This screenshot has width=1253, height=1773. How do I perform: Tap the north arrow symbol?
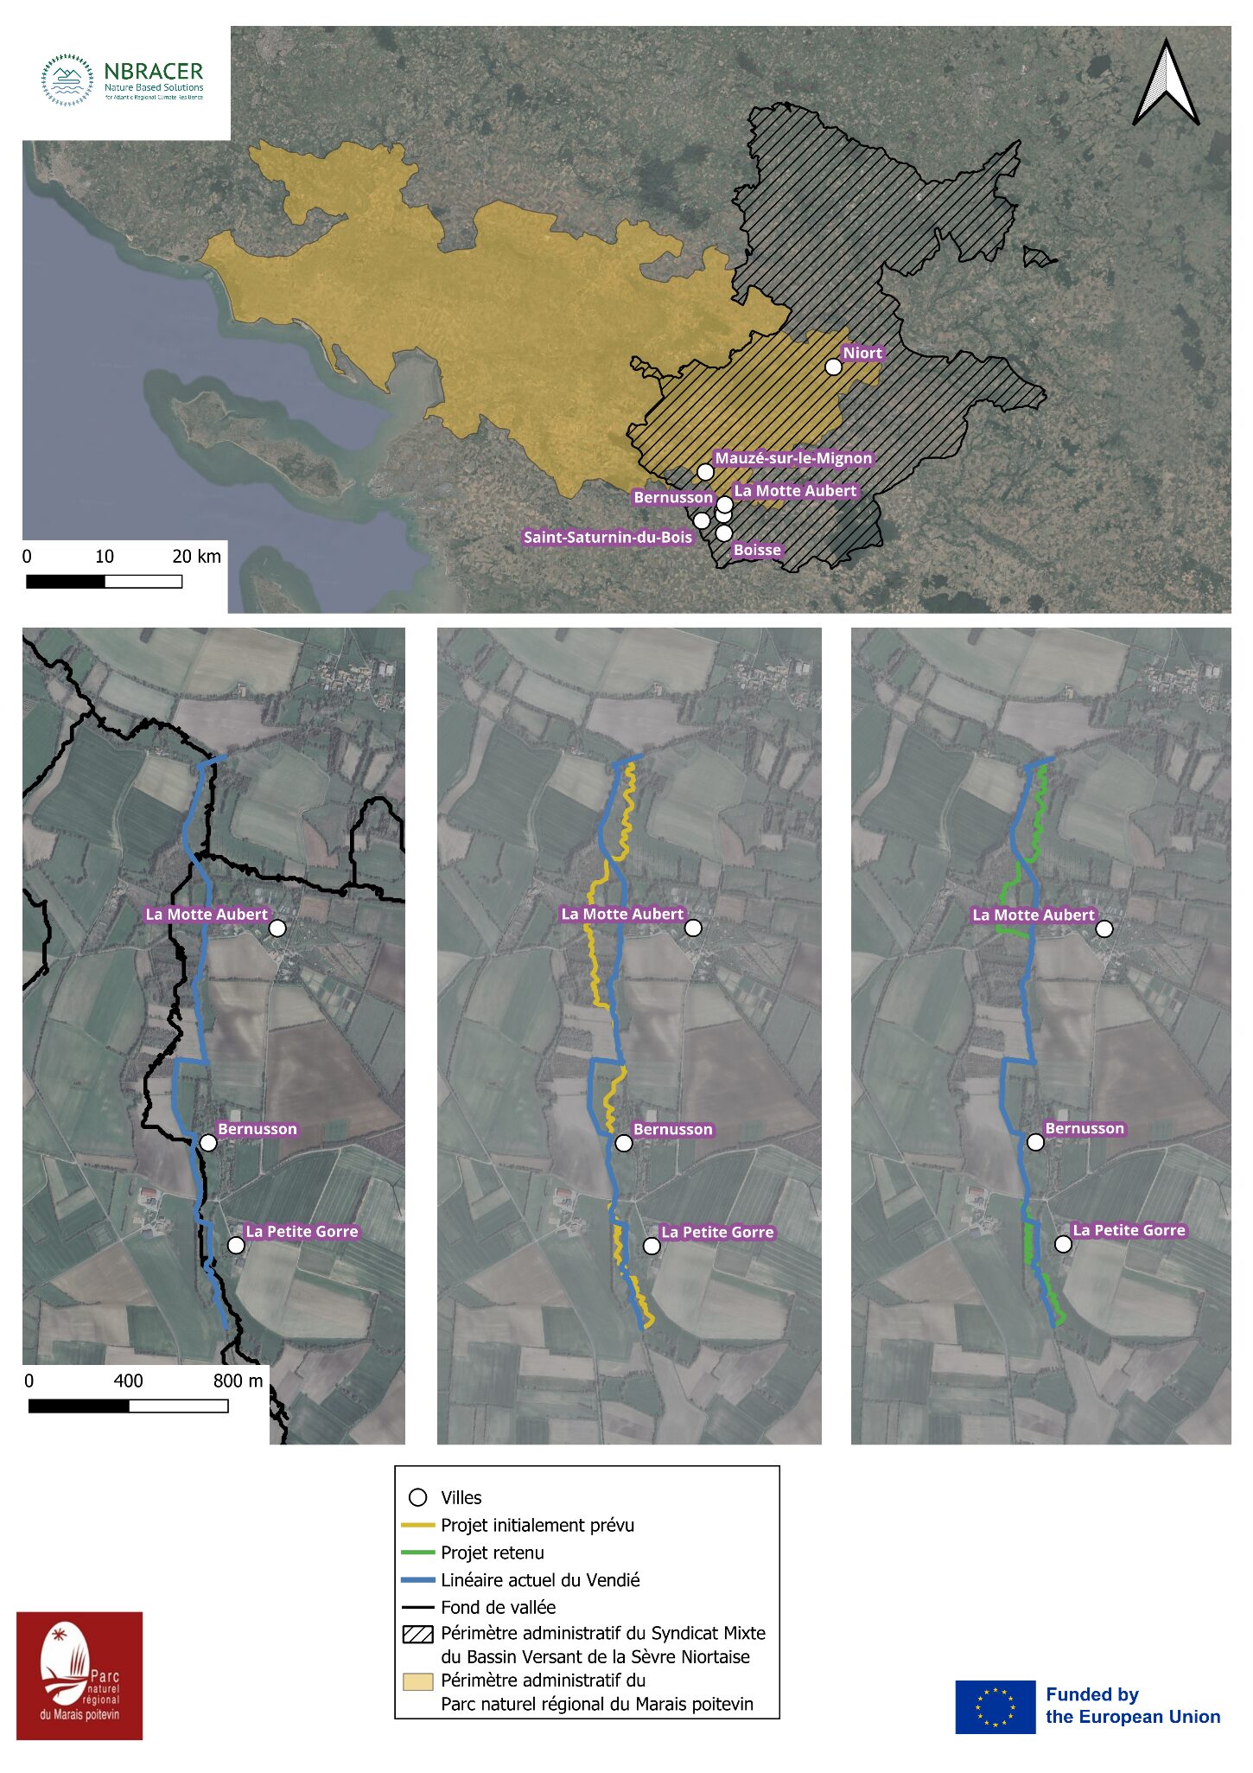(1166, 85)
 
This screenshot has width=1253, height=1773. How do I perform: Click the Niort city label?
(862, 353)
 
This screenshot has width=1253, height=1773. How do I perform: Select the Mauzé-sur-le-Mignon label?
(792, 458)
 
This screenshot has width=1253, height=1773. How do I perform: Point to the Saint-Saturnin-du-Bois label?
(607, 537)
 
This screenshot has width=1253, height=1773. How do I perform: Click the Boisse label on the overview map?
(757, 550)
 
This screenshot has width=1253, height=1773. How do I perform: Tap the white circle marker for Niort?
(833, 367)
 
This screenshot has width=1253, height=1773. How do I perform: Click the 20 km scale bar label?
(196, 556)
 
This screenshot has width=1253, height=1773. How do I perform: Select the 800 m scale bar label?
(238, 1381)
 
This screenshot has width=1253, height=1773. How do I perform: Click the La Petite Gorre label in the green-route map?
(1129, 1230)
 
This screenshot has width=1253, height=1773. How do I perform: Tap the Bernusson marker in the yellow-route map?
(624, 1143)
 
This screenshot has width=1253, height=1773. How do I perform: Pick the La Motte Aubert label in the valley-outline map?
(207, 914)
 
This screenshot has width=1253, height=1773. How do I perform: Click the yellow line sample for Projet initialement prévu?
(418, 1525)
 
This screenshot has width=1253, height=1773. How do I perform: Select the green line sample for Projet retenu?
(418, 1553)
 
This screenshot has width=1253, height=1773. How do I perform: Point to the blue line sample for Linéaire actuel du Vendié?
(418, 1580)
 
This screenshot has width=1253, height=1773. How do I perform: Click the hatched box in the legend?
(418, 1634)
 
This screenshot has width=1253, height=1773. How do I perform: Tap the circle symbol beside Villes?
(418, 1497)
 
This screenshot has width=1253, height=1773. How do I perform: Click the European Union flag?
(995, 1706)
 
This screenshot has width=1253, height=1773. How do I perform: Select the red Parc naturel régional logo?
(80, 1675)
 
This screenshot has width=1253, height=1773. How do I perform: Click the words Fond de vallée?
(498, 1607)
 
